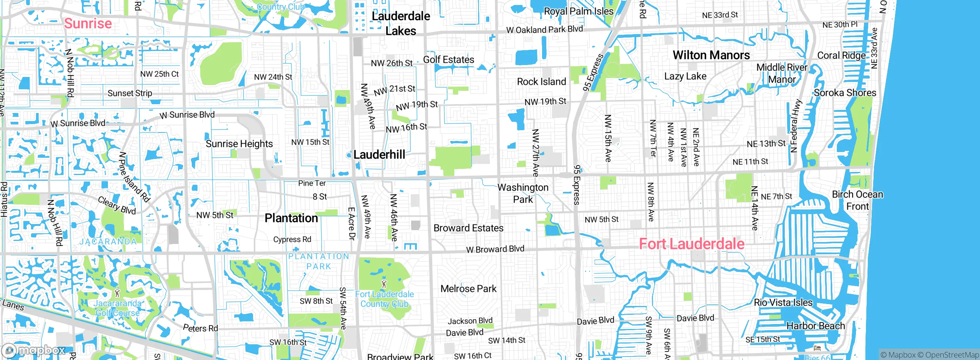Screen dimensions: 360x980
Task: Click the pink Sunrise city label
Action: tap(88, 23)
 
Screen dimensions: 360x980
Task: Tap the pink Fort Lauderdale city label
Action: tap(691, 244)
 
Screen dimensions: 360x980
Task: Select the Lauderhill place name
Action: tap(379, 155)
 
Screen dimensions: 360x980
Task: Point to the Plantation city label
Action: tap(291, 218)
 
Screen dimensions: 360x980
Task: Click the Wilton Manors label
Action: tap(711, 55)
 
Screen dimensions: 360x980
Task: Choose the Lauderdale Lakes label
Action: tap(401, 23)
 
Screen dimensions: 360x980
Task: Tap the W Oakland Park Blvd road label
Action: tap(544, 29)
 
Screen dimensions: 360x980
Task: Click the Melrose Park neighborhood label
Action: tap(468, 289)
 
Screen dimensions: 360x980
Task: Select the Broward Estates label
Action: tap(468, 228)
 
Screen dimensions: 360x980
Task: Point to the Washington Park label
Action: tap(523, 193)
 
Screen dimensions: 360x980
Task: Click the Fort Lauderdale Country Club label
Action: tap(384, 299)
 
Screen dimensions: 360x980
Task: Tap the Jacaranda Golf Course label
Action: tap(118, 308)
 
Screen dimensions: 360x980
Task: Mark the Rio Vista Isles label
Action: tap(783, 303)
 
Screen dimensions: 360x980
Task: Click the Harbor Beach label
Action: tap(815, 326)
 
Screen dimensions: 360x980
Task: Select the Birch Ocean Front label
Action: tap(857, 200)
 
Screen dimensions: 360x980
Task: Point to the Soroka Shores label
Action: tap(845, 93)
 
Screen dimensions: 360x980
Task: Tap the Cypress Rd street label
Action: tap(292, 239)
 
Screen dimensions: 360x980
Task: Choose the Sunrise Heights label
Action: tap(239, 144)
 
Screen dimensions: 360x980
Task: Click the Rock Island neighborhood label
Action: tap(541, 82)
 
